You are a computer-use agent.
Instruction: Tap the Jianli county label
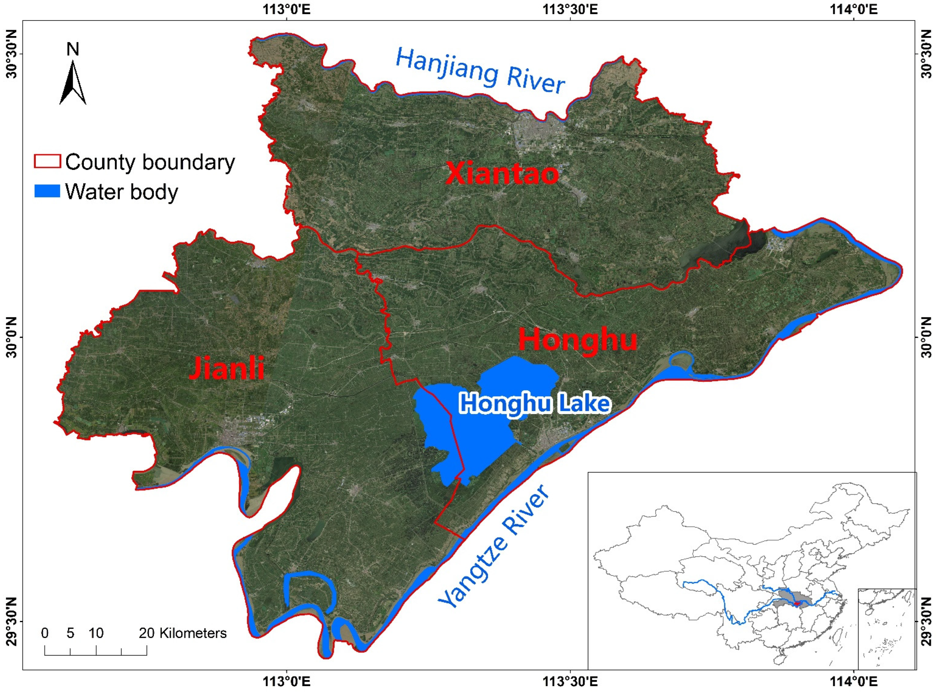(227, 368)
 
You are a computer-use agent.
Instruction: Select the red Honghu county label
(578, 340)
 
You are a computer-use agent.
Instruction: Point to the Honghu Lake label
(535, 404)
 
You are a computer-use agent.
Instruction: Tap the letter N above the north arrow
(73, 49)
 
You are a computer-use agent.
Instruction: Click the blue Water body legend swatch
(47, 191)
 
